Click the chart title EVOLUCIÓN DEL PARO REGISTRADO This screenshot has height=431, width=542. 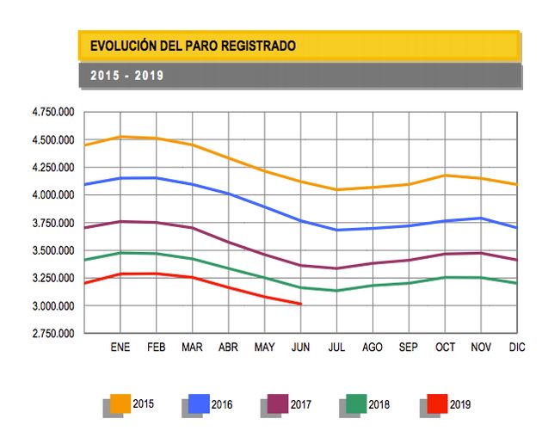(x=193, y=46)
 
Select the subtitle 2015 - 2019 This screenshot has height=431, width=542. (x=126, y=76)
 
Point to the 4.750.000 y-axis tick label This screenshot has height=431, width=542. (x=53, y=113)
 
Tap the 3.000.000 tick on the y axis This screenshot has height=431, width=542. (x=53, y=306)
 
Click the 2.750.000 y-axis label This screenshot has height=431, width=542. (x=53, y=334)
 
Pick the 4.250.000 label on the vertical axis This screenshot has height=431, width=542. (x=53, y=168)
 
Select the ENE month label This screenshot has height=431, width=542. (x=120, y=348)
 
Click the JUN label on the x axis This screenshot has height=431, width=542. (x=300, y=348)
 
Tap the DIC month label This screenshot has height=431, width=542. (x=516, y=348)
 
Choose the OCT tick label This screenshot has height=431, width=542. (x=445, y=348)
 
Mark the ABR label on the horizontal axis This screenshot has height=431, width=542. (x=228, y=348)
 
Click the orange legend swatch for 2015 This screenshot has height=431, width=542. (x=120, y=403)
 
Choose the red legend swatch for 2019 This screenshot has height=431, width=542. (x=437, y=403)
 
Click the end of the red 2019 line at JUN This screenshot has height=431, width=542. (x=300, y=304)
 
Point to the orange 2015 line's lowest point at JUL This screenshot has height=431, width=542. (x=336, y=190)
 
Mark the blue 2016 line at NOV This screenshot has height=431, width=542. (x=481, y=219)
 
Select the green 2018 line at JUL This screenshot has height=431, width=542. (x=336, y=291)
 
